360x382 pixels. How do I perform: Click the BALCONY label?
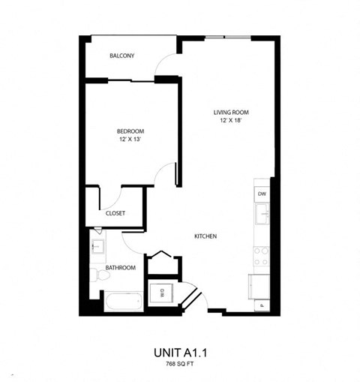point(121,56)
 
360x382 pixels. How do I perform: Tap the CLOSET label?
point(115,213)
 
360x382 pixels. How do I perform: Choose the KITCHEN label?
point(205,236)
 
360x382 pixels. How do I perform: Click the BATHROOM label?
point(120,268)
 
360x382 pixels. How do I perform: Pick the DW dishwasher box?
point(262,194)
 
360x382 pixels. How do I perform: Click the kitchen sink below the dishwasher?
point(262,215)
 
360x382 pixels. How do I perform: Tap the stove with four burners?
point(262,257)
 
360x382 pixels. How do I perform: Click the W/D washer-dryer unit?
point(161,293)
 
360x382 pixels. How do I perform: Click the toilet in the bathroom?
point(95,275)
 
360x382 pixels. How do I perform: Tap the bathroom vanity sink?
point(97,245)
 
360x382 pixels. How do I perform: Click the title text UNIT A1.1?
point(180,351)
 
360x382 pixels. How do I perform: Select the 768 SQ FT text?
point(180,363)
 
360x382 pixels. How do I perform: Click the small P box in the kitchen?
point(262,305)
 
